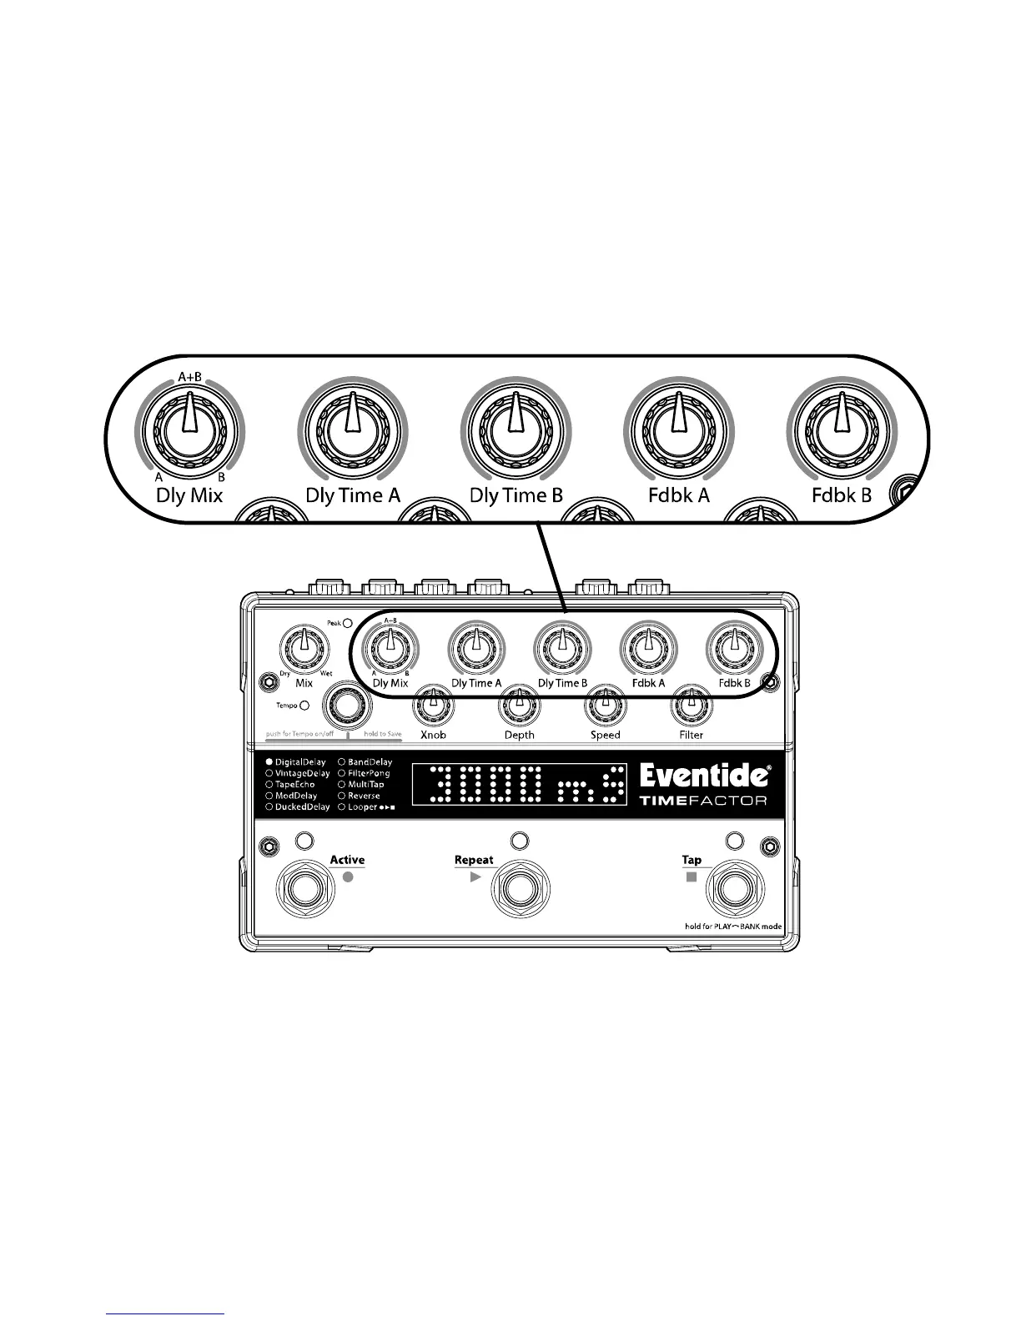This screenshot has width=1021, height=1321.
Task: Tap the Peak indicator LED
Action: pos(347,622)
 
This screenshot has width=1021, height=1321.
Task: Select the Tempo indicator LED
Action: pos(304,706)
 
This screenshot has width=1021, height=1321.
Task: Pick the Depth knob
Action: pos(519,706)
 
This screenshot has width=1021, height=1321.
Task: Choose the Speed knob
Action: pos(605,706)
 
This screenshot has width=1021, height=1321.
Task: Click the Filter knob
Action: pos(691,706)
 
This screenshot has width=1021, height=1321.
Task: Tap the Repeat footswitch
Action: pos(519,890)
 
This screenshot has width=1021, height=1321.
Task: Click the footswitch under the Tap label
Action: pos(732,890)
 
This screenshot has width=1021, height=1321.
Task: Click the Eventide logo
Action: pos(704,776)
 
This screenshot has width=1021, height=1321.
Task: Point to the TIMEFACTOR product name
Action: pos(703,801)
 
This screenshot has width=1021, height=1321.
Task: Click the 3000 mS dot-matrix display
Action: pos(518,785)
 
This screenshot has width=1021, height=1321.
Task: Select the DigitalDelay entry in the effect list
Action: pos(295,762)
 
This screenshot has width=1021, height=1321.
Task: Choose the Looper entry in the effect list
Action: pos(366,807)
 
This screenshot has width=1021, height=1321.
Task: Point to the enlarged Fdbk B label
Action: pos(841,495)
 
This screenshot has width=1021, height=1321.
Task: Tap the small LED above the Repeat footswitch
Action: pos(519,840)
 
